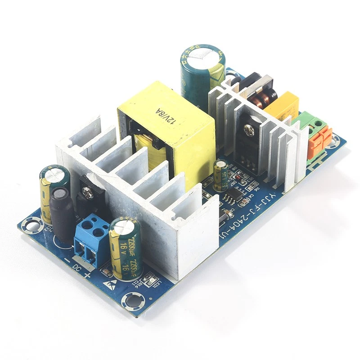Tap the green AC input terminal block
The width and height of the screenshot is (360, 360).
(x=306, y=121)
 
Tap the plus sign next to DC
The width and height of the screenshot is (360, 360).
(x=87, y=275)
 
